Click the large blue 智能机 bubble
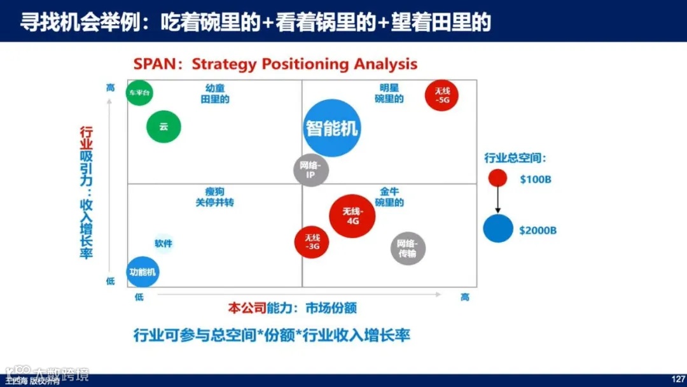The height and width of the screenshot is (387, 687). click(331, 128)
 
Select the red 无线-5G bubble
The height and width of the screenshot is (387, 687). click(442, 95)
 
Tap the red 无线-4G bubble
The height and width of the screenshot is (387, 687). click(352, 216)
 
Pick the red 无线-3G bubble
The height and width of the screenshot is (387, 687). click(311, 242)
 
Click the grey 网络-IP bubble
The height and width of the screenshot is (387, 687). click(311, 170)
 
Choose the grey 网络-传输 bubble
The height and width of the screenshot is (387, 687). click(408, 248)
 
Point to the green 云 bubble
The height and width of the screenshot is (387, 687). click(163, 127)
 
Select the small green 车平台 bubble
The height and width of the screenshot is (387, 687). click(140, 93)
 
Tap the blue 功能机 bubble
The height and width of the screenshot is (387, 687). click(142, 272)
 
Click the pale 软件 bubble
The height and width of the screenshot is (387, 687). click(163, 243)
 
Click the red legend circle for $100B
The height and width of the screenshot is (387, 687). click(497, 179)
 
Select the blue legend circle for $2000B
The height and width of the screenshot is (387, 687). click(498, 229)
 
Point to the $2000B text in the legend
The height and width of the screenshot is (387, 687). click(538, 230)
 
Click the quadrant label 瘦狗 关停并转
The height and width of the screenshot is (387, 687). click(215, 197)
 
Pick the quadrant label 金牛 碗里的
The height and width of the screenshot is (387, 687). click(389, 197)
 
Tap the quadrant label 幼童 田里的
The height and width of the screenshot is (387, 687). click(215, 94)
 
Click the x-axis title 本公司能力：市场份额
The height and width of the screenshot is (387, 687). click(292, 308)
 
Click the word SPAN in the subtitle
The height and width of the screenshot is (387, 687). click(152, 64)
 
